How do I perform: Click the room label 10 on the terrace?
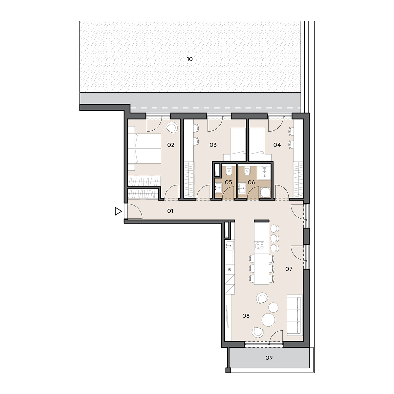click(190, 59)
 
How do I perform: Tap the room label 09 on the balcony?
click(269, 358)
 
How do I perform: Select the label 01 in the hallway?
click(170, 211)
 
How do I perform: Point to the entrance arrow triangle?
click(118, 211)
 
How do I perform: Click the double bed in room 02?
click(144, 148)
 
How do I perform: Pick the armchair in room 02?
click(172, 127)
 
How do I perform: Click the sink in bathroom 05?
click(219, 187)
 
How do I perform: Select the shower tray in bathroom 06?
click(264, 173)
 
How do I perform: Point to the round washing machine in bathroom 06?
click(265, 193)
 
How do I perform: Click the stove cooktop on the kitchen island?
click(259, 246)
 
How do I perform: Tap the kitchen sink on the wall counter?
click(230, 245)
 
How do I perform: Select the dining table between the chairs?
click(262, 269)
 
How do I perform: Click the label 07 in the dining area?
click(289, 269)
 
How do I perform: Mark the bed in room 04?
click(257, 144)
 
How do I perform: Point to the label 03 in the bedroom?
click(213, 145)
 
